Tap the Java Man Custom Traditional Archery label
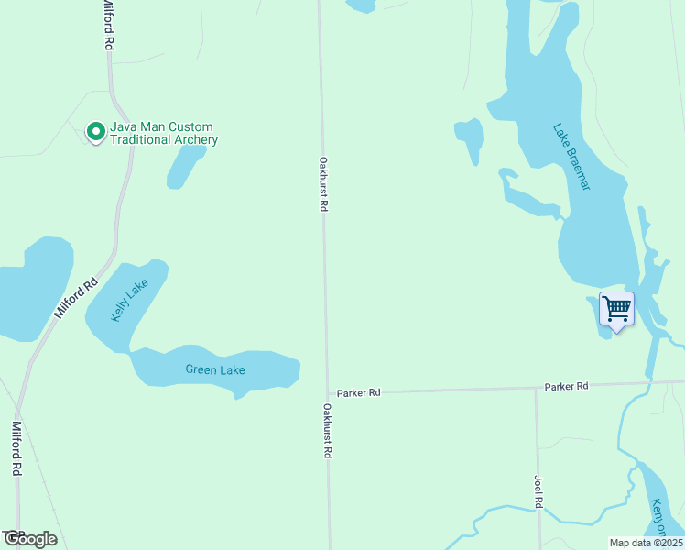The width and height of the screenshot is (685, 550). click(x=164, y=133)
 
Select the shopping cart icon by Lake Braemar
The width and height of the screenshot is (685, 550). click(x=616, y=309)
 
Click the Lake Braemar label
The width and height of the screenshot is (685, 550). click(x=572, y=157)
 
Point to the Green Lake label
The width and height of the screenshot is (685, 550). click(x=215, y=370)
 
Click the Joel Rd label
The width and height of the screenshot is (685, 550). click(x=538, y=491)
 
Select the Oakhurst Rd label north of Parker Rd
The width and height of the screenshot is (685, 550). click(x=323, y=183)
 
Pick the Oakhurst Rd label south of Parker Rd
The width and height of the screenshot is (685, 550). click(x=327, y=430)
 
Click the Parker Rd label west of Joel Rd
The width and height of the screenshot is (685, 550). click(x=358, y=392)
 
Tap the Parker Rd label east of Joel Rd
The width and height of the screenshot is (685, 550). click(x=566, y=386)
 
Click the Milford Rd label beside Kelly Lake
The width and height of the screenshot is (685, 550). click(x=75, y=298)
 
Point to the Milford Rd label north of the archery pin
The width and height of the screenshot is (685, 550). click(x=108, y=25)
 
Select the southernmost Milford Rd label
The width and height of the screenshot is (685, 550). click(x=16, y=448)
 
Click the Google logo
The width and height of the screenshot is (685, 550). click(x=30, y=539)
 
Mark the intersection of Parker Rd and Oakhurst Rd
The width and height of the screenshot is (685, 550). click(x=328, y=392)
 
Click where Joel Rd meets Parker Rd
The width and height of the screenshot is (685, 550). click(x=537, y=387)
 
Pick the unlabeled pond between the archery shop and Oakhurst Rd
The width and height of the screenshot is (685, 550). click(x=186, y=167)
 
